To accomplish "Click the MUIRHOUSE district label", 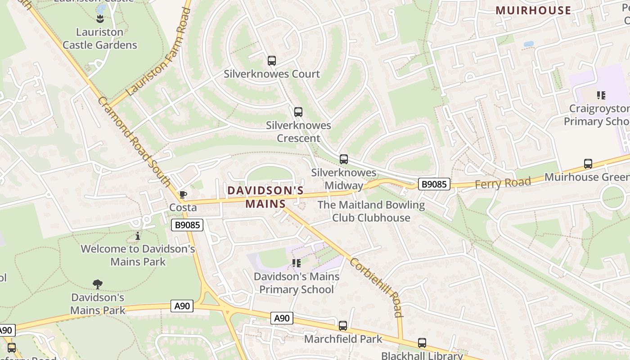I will [x=533, y=10].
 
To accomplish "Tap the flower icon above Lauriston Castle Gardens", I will [x=100, y=18].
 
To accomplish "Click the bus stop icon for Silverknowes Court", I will [x=271, y=61].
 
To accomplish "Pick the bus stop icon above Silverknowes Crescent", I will [x=298, y=112].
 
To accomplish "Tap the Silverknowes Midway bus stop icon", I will [x=343, y=159].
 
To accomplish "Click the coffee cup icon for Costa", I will [x=183, y=195].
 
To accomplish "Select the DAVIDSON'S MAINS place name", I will [x=265, y=197].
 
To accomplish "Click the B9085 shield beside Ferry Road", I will [x=434, y=184].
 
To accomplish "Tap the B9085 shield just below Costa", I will [x=187, y=225].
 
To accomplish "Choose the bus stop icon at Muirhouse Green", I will [x=588, y=164].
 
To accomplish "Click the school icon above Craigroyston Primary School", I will [x=601, y=95].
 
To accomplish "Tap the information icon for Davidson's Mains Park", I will [x=138, y=236].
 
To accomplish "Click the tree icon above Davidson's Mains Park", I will [x=97, y=284].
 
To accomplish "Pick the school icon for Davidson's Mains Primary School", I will [x=296, y=263].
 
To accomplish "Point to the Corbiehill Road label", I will [x=375, y=287].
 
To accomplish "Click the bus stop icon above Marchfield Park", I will [x=342, y=326].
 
